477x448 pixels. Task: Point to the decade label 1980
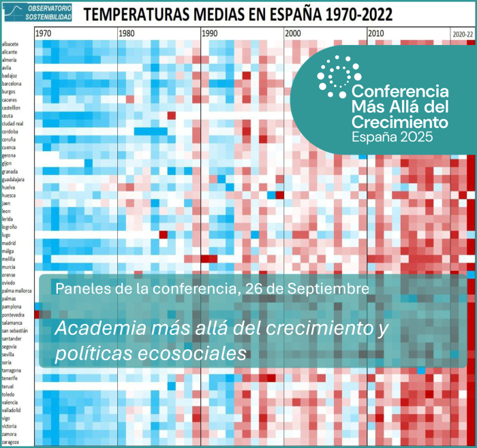point(126,33)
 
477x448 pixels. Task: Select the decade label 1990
point(210,33)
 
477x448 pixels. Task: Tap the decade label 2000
point(294,33)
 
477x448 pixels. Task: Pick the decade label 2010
point(376,33)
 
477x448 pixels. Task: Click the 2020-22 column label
point(463,33)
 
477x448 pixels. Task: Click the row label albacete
point(11,44)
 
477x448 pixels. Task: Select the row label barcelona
point(12,84)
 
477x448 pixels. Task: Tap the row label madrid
point(10,243)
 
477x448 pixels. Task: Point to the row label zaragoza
point(12,442)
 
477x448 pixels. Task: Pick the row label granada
point(10,172)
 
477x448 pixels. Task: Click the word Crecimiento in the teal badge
point(399,123)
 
